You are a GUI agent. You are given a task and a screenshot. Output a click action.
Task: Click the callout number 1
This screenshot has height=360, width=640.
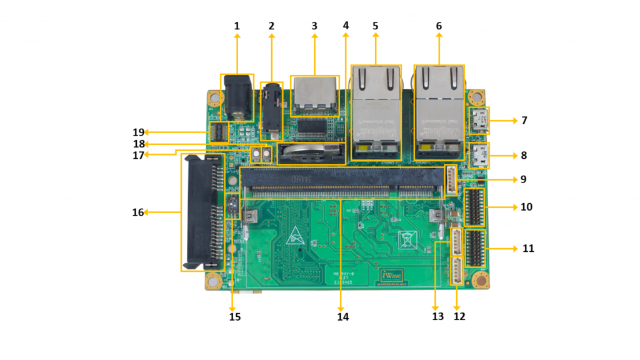tap(237, 26)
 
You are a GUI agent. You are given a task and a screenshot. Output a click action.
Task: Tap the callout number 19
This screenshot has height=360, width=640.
tap(138, 132)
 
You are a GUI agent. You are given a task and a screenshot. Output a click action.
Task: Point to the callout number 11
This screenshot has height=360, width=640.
tap(528, 248)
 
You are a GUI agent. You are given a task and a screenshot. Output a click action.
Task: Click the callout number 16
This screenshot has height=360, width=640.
tap(138, 212)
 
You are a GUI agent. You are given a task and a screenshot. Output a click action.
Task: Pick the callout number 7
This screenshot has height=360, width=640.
tap(524, 120)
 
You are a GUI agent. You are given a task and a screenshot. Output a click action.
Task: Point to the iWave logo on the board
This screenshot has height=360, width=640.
tap(392, 274)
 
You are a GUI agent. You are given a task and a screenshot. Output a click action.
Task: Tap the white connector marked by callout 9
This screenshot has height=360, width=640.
tap(451, 181)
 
